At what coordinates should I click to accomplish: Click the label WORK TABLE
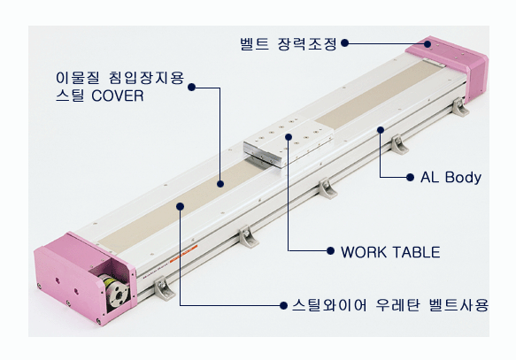click(390, 252)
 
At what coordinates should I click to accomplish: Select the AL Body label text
click(451, 178)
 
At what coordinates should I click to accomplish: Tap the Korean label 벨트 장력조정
click(289, 43)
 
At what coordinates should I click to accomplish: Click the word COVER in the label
click(118, 96)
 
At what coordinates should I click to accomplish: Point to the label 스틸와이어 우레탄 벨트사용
click(390, 305)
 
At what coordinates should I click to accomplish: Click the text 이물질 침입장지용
click(119, 78)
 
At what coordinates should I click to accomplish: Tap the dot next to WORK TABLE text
click(331, 251)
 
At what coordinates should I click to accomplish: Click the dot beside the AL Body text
click(410, 178)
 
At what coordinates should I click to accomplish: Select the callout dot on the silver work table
click(289, 137)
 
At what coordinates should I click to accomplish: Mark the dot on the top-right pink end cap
click(427, 44)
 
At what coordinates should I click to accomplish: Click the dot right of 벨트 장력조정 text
click(344, 43)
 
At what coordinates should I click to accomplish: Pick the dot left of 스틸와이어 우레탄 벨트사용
click(283, 305)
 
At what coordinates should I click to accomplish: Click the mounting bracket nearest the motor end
click(164, 288)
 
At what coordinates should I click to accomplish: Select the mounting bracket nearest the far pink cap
click(460, 106)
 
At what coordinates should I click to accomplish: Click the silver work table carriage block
click(289, 142)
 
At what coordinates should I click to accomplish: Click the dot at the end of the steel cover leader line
click(220, 184)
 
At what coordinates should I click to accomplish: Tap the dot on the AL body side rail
click(381, 130)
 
